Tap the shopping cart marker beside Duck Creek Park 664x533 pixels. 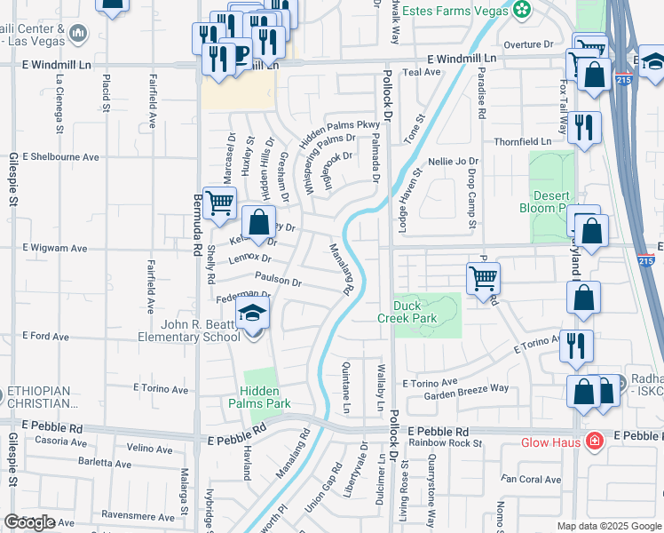[x=483, y=278]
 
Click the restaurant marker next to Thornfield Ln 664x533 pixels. [x=584, y=126]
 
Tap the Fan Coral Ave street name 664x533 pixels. [x=531, y=480]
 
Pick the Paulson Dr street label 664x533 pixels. [x=278, y=279]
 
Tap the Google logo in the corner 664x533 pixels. [x=29, y=522]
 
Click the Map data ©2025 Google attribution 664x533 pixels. [x=608, y=526]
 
